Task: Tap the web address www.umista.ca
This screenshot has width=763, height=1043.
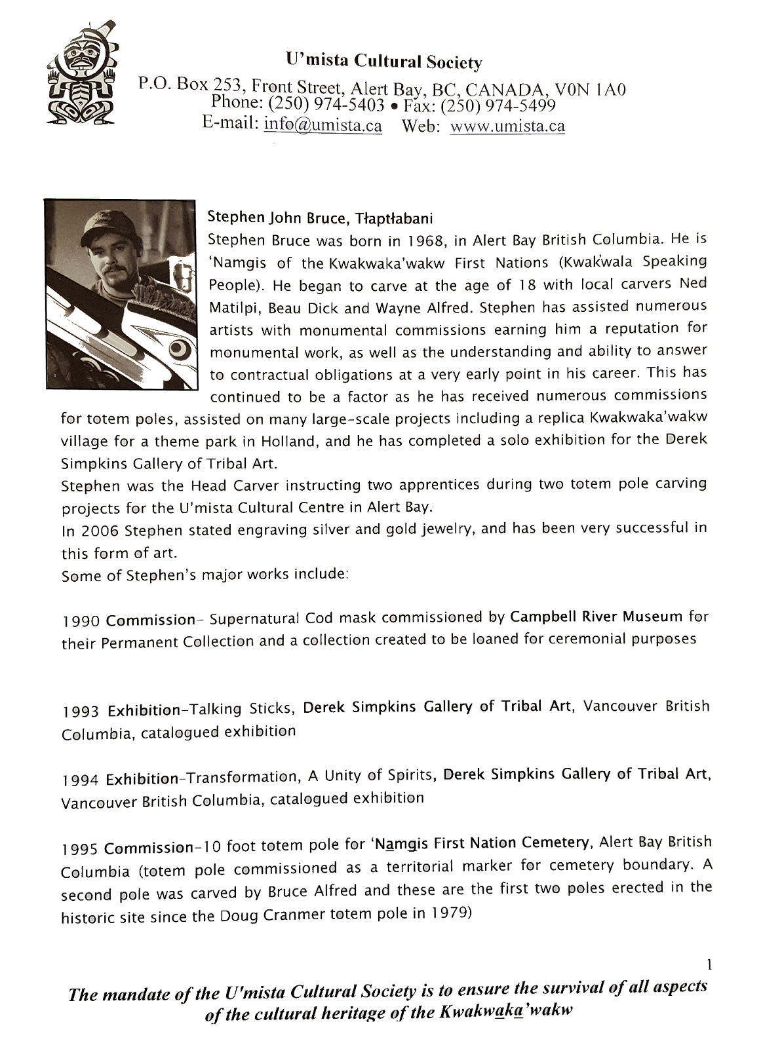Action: click(x=507, y=126)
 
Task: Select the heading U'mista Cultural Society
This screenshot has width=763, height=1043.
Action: click(x=384, y=62)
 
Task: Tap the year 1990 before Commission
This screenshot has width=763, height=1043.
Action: click(x=81, y=620)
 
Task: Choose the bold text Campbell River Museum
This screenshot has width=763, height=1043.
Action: click(x=597, y=616)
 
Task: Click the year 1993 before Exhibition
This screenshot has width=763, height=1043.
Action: click(x=82, y=711)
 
